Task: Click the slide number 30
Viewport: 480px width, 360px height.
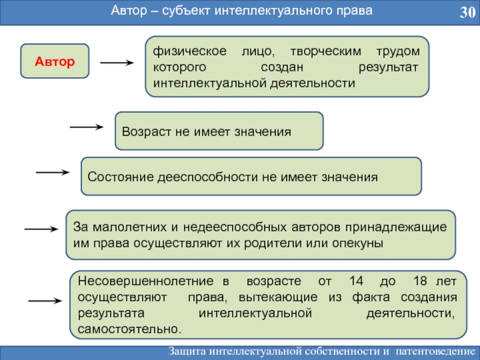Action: click(x=467, y=12)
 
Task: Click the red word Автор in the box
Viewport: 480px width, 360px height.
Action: click(x=55, y=61)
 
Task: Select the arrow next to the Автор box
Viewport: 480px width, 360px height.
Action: click(x=117, y=63)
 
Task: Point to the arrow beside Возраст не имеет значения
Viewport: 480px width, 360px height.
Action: click(x=86, y=127)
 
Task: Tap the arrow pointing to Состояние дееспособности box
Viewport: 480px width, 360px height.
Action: click(x=53, y=172)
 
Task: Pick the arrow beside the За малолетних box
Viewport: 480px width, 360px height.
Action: click(x=41, y=229)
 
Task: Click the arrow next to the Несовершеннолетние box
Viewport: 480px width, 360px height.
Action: click(x=45, y=301)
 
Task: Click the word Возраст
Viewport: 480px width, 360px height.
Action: click(x=146, y=132)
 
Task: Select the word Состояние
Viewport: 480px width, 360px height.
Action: click(x=121, y=177)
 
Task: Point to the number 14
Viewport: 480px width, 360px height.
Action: click(x=356, y=281)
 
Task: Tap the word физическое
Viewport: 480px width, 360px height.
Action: click(x=190, y=51)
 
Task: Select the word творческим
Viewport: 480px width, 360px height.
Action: click(x=325, y=51)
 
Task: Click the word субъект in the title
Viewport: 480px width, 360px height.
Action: click(x=186, y=11)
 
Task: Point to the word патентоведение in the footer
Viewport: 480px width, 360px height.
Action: click(x=436, y=351)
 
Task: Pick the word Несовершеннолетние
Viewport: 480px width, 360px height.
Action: click(x=145, y=281)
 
